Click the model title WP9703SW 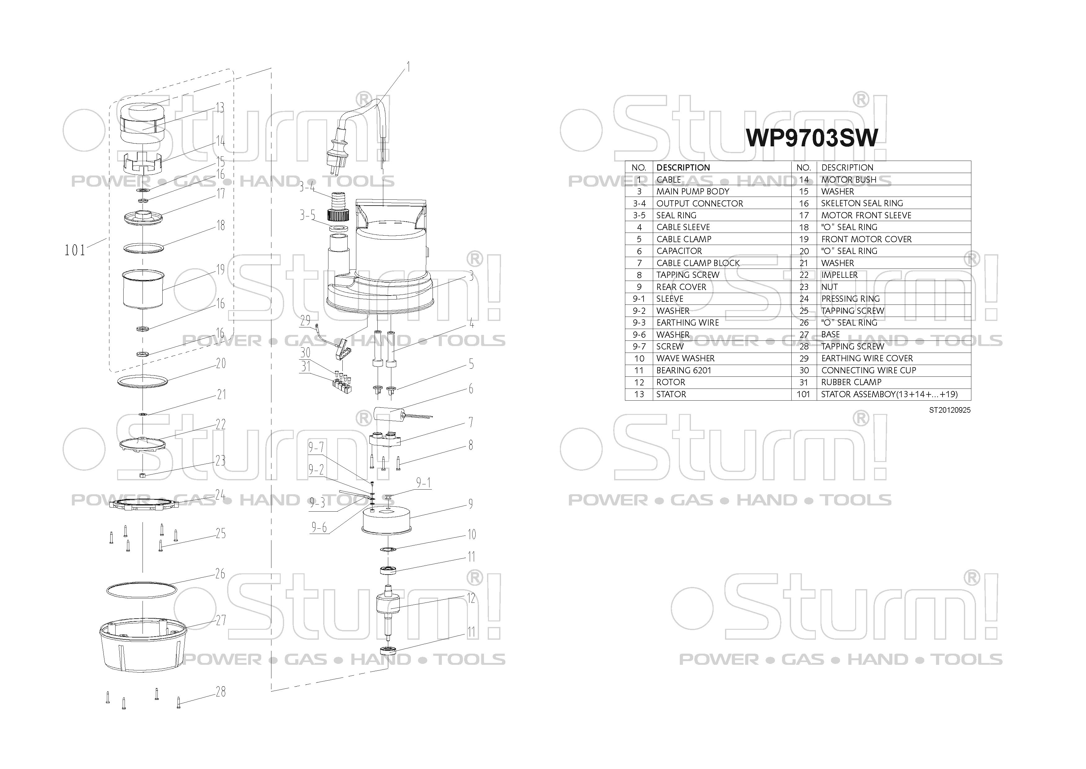tap(811, 137)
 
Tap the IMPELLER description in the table tap(839, 275)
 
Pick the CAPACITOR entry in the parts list tap(679, 251)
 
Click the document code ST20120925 tap(949, 410)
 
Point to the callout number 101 tap(75, 250)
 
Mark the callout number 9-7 tap(316, 447)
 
